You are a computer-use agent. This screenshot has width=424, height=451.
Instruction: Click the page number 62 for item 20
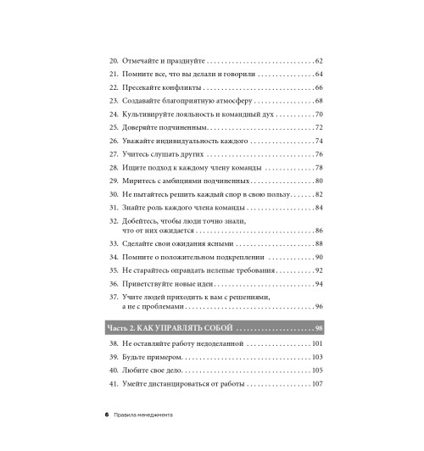318,61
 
